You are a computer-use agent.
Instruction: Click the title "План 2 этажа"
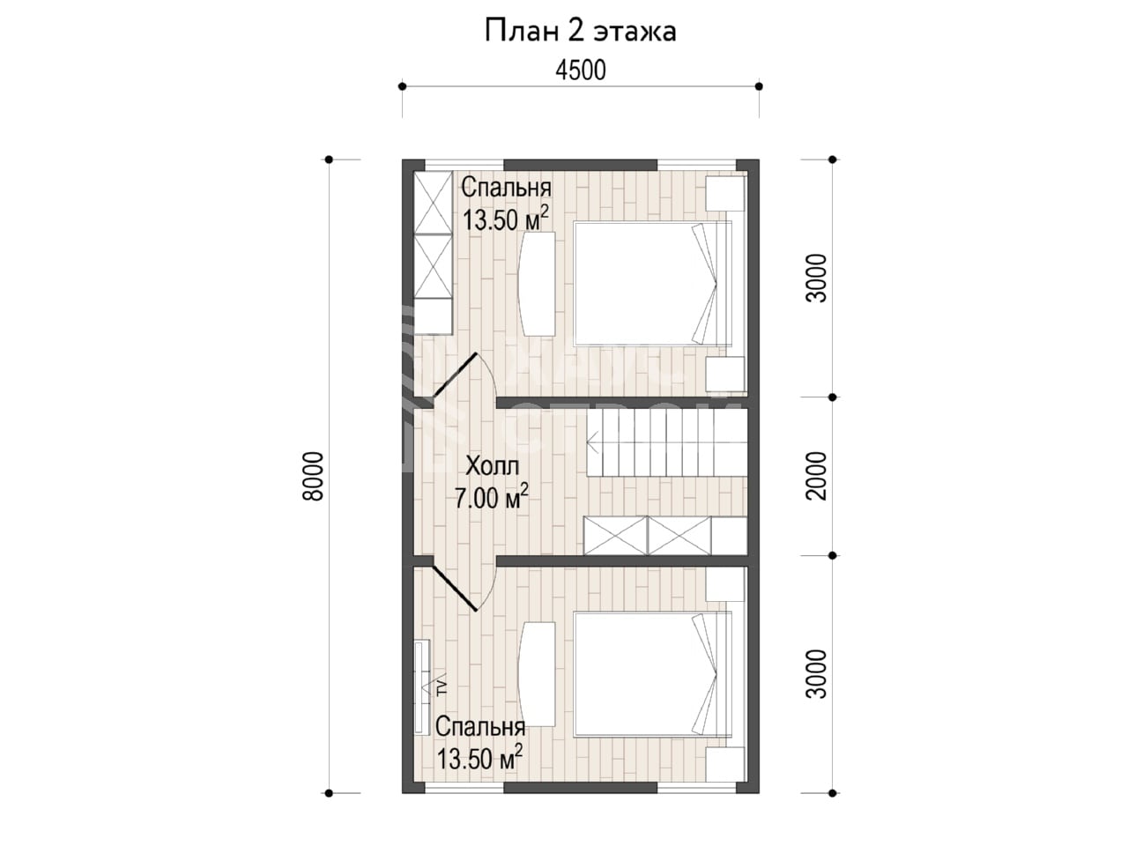pyautogui.click(x=580, y=32)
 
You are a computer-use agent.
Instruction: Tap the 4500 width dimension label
pyautogui.click(x=581, y=70)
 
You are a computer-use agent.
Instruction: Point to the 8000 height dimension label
pyautogui.click(x=313, y=476)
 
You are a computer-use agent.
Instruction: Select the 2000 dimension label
pyautogui.click(x=817, y=476)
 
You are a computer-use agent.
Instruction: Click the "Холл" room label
pyautogui.click(x=493, y=466)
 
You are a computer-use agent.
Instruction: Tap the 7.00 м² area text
pyautogui.click(x=492, y=496)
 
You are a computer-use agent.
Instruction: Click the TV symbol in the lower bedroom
pyautogui.click(x=441, y=686)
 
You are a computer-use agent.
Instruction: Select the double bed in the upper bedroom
pyautogui.click(x=652, y=283)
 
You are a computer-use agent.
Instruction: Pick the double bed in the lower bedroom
pyautogui.click(x=652, y=673)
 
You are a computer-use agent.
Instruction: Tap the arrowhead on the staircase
pyautogui.click(x=592, y=442)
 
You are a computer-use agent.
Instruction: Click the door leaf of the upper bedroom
pyautogui.click(x=456, y=375)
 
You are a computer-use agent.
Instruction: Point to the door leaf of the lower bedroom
pyautogui.click(x=456, y=588)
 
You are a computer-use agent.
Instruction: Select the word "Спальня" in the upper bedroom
pyautogui.click(x=506, y=189)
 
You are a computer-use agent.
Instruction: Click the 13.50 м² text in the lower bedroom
pyautogui.click(x=479, y=758)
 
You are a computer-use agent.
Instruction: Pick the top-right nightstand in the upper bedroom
pyautogui.click(x=724, y=193)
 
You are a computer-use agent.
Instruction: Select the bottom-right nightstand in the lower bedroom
pyautogui.click(x=724, y=765)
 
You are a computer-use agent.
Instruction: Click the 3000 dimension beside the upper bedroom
pyautogui.click(x=817, y=278)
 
